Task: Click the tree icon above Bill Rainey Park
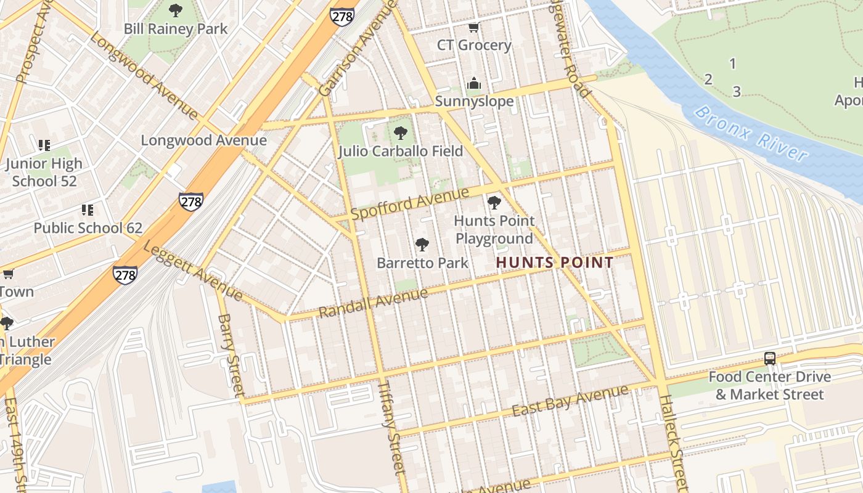coord(176,10)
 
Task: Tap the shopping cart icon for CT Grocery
coord(474,27)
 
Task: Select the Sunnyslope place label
coord(474,101)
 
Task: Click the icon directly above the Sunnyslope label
coord(474,83)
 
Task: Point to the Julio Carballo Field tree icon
coord(401,132)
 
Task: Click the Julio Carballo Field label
coord(401,151)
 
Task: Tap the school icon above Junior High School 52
coord(44,145)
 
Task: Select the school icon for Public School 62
coord(88,210)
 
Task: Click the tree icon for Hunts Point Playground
coord(494,202)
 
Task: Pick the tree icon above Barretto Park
coord(422,245)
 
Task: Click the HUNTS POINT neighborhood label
coord(555,263)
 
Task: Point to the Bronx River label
coord(751,134)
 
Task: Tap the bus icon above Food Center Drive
coord(770,359)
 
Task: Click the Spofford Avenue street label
coord(410,204)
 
